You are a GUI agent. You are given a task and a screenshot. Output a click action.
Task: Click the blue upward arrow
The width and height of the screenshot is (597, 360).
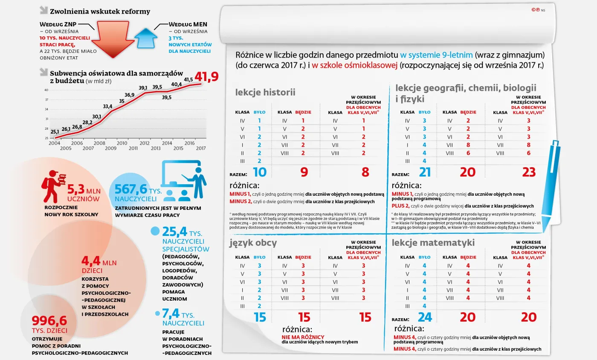coord(146,38)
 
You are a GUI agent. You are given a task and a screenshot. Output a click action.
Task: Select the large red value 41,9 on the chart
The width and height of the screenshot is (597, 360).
coord(206,77)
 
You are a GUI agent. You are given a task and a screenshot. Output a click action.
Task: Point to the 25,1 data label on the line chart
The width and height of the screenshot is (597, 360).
coord(55,132)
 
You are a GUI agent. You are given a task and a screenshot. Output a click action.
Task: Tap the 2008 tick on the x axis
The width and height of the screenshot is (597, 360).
coord(99,143)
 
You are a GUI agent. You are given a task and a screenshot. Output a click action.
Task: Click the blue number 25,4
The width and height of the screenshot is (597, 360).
coord(175,232)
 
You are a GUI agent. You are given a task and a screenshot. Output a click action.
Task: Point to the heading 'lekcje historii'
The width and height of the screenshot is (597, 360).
coord(265,92)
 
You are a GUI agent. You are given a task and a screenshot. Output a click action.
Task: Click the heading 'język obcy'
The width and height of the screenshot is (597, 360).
coord(253,243)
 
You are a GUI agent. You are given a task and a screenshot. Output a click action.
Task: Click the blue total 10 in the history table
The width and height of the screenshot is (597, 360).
coord(259,172)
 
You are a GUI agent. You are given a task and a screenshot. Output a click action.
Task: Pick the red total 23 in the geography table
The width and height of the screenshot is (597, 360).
coord(528,172)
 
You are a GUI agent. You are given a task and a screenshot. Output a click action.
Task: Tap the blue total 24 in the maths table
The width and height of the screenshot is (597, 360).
coord(424,317)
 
